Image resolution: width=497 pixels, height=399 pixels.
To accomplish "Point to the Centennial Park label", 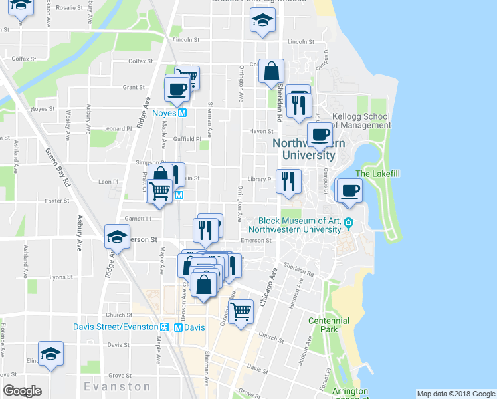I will click(x=328, y=325).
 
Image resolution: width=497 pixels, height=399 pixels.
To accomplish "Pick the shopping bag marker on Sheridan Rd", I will click(x=272, y=72).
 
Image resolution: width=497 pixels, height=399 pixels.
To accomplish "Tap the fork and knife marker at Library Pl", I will click(x=288, y=181).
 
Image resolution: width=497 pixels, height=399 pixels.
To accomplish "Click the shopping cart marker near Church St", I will click(x=241, y=310).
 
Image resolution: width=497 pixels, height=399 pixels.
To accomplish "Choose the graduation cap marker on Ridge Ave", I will click(x=117, y=237).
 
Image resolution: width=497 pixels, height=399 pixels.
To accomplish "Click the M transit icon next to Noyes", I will click(x=183, y=113).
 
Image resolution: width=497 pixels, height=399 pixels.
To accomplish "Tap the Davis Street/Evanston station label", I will click(x=116, y=327).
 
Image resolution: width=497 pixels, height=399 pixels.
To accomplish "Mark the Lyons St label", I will click(x=60, y=277).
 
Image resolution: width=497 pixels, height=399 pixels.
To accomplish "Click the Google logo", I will click(x=22, y=391).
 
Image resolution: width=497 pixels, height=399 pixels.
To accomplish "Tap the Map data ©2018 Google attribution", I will click(x=456, y=394).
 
